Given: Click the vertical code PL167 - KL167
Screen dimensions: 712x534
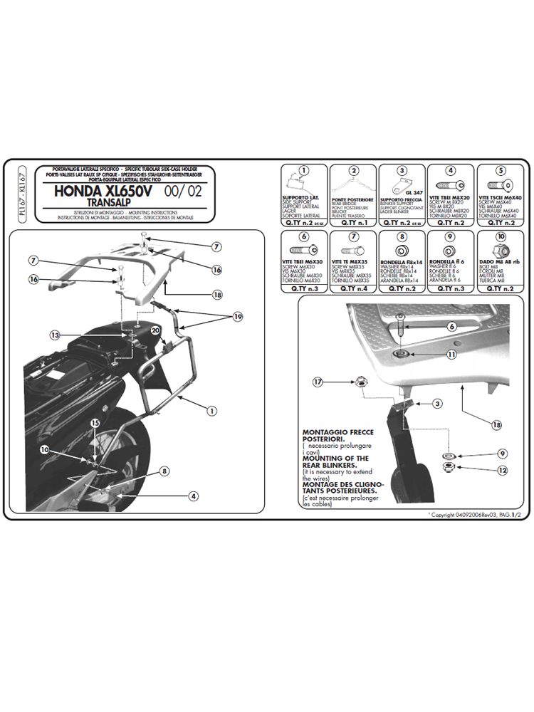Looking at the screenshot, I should (x=23, y=194).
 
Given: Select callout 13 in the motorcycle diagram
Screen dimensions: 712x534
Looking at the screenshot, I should (x=56, y=335).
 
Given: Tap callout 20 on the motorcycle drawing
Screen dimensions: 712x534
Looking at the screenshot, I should (x=157, y=329).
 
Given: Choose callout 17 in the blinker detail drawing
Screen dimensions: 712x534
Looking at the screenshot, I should (x=318, y=382).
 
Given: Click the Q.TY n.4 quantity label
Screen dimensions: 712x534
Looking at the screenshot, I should (x=354, y=288).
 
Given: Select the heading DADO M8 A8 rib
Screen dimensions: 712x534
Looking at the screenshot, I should (x=501, y=261).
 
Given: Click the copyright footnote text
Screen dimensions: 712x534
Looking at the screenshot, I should (x=478, y=514).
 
